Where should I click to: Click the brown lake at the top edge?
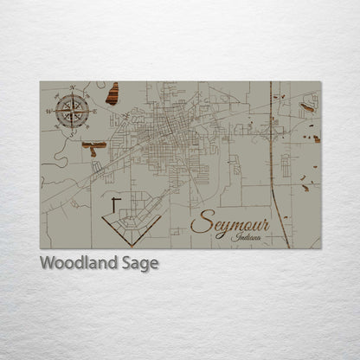click(x=112, y=93)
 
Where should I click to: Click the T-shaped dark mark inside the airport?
click(x=116, y=204)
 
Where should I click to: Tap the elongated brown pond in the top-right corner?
click(x=307, y=108)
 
